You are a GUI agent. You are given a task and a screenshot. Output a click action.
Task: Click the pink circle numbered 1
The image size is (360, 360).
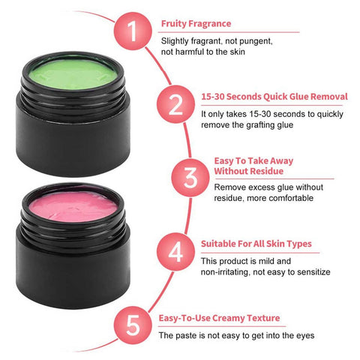tap(133, 31)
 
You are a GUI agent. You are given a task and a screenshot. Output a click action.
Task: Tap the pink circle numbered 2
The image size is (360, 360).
tap(175, 104)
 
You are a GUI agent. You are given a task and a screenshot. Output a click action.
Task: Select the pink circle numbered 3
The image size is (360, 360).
tap(190, 178)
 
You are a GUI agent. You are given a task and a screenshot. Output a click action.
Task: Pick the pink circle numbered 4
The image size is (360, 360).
tap(175, 251)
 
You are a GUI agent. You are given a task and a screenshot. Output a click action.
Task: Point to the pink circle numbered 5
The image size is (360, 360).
tap(133, 325)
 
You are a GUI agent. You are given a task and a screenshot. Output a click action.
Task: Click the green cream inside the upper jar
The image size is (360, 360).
tap(73, 74)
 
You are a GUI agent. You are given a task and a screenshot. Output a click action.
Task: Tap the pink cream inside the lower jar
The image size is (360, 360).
tap(73, 207)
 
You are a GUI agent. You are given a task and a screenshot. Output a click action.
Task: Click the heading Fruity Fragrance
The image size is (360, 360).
tap(196, 24)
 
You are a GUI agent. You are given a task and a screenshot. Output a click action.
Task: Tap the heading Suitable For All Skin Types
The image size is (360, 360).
tap(256, 244)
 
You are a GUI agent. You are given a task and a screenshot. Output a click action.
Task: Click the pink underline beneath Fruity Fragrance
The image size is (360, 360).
tap(229, 32)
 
